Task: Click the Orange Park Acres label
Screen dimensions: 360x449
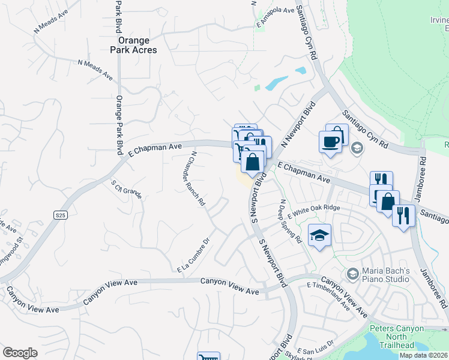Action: point(137,46)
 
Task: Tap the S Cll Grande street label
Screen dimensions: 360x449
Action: point(126,189)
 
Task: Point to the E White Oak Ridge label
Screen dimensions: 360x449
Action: point(314,211)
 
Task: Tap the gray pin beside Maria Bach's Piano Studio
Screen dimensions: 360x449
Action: point(352,274)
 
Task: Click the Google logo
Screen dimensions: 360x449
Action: point(20,353)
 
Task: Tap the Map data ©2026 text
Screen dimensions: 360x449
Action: point(424,355)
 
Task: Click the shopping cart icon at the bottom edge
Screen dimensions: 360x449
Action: point(208,356)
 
